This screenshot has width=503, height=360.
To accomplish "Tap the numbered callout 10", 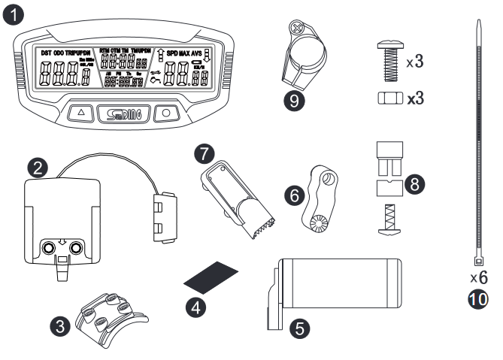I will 478,298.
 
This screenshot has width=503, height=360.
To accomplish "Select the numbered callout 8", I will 414,183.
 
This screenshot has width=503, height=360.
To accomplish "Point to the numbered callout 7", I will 201,153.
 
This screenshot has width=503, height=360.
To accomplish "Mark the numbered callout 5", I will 300,328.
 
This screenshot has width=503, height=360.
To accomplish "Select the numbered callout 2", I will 35,164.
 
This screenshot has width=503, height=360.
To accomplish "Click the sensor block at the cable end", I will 167,219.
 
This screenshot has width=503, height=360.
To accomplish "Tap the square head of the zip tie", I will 477,262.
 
